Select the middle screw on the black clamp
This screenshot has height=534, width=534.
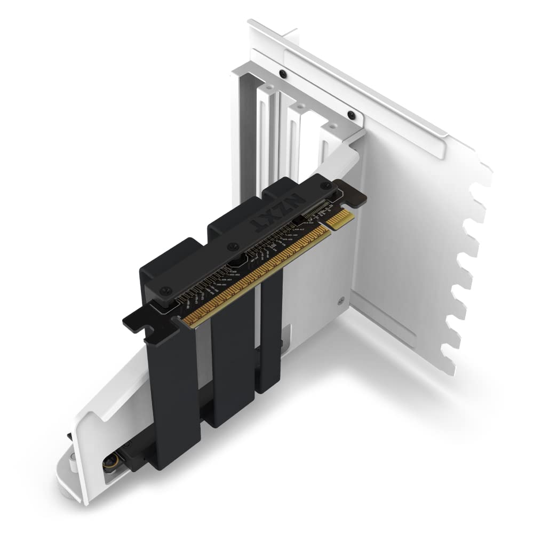231,246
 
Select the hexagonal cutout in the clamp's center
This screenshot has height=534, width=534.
237,262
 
